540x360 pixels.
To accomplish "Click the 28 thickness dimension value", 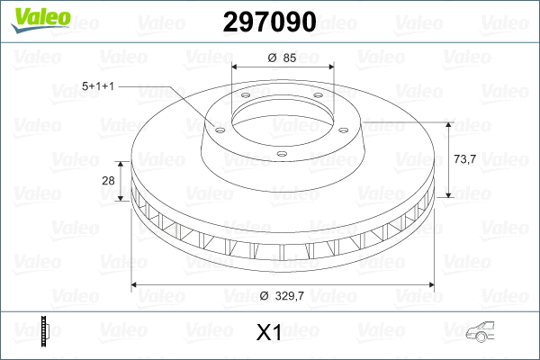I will (109, 181).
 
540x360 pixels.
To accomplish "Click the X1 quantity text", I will (269, 333).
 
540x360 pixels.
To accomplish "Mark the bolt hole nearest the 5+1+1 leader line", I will (217, 128).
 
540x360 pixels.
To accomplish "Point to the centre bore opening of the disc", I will (283, 116).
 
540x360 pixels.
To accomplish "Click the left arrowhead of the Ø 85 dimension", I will (236, 68).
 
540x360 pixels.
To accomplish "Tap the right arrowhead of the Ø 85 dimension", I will (330, 68).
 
